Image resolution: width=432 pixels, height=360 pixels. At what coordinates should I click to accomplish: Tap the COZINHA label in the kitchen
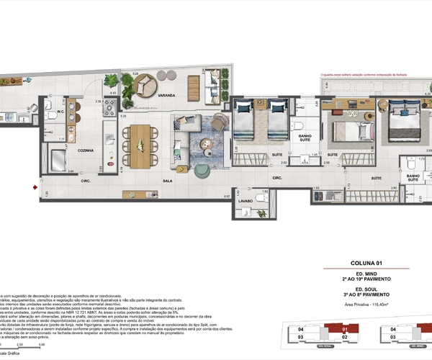[89, 150]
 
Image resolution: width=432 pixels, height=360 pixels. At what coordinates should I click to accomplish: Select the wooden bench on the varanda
[195, 87]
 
